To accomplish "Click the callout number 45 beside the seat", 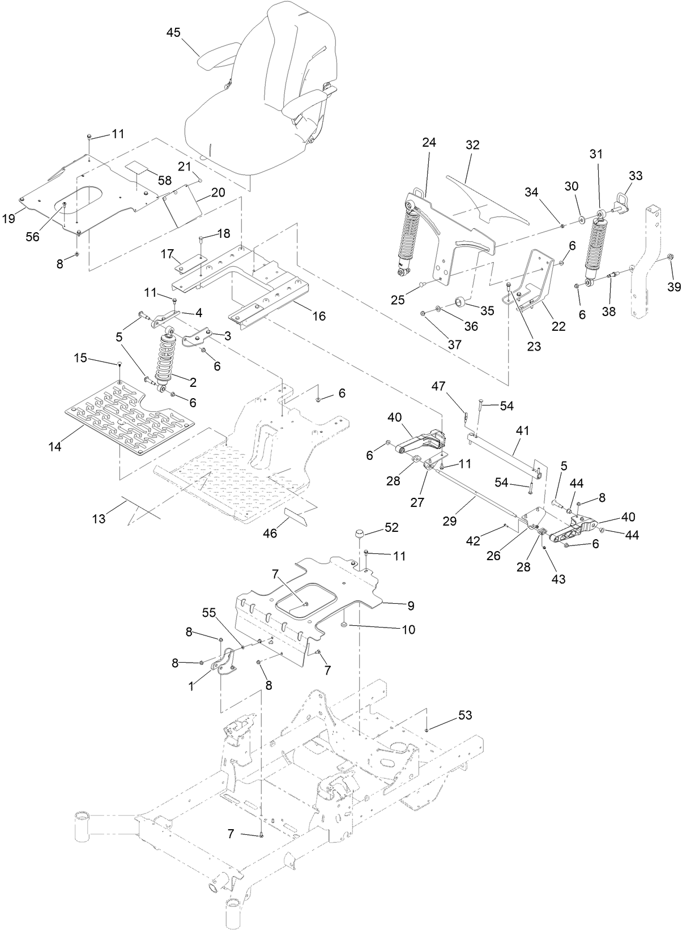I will coord(173,32).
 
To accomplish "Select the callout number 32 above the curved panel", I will coord(472,145).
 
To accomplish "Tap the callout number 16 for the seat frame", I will coord(319,316).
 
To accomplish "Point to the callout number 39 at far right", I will coord(674,287).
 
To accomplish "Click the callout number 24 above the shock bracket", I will coord(429,143).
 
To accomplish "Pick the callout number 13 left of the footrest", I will coord(99,518).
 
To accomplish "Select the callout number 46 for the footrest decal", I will coord(271,533).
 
